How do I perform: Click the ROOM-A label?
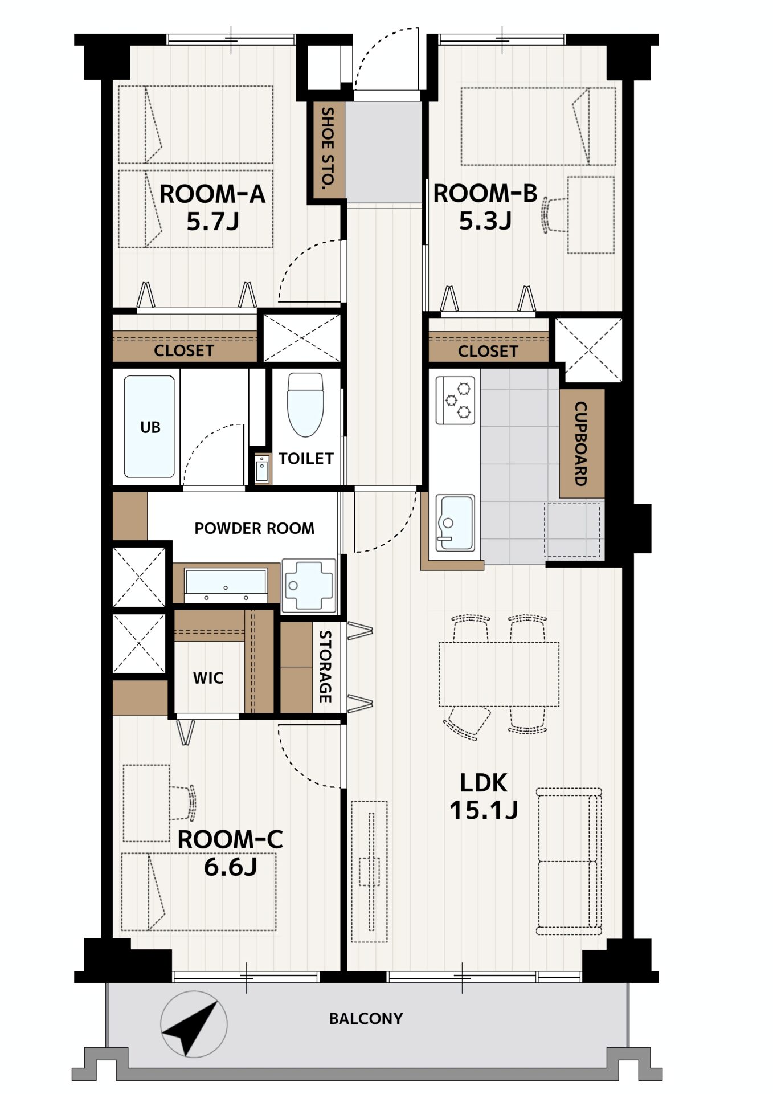tap(212, 194)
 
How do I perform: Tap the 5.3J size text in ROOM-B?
tap(485, 221)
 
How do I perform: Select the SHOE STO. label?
tap(327, 148)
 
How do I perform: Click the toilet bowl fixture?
tap(305, 405)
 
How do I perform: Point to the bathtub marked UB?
tap(149, 426)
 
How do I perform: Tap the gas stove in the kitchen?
tap(455, 400)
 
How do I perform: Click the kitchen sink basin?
tap(455, 522)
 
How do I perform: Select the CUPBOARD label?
tap(580, 443)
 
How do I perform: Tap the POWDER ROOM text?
tap(254, 528)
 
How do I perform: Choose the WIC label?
tap(208, 678)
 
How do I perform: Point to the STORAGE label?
tap(325, 666)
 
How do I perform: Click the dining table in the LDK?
tap(499, 674)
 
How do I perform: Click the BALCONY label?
tap(366, 1018)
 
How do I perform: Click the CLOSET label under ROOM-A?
tap(184, 350)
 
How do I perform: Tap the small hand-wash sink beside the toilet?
tap(262, 469)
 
